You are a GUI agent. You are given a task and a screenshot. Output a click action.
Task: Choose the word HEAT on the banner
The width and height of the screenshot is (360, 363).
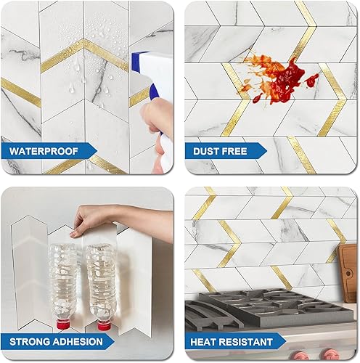[208, 340]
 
